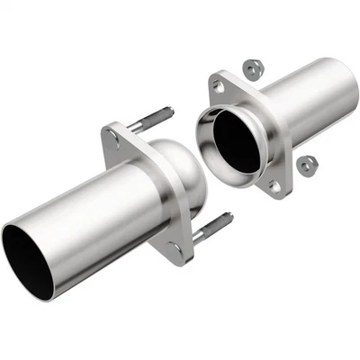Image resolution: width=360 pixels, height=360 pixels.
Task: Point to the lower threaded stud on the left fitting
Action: [214, 224]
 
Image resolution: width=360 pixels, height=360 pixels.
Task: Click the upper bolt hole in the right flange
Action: [216, 86]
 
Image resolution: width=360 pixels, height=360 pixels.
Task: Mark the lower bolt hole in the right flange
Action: [275, 186]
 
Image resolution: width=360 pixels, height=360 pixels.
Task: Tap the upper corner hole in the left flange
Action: [111, 138]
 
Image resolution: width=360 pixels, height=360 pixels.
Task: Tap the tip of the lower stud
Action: [229, 216]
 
